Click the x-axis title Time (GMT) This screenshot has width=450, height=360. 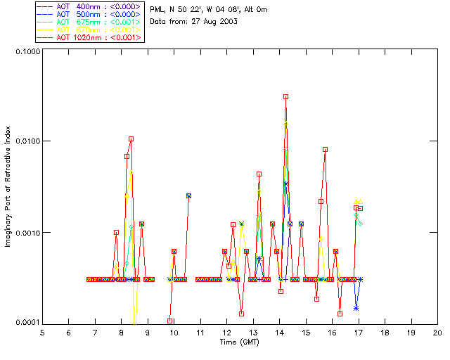point(240,342)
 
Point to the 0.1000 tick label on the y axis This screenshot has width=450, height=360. point(26,52)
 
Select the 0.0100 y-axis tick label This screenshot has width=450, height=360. point(26,142)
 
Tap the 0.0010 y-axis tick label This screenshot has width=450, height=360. point(26,232)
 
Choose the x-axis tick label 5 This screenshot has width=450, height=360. point(42,332)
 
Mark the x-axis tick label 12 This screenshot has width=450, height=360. point(226,332)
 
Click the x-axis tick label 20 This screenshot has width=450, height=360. point(437,332)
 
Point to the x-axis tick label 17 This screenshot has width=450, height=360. point(358,332)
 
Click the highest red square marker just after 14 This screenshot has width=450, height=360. point(285,96)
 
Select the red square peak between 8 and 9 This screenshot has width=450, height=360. point(131,139)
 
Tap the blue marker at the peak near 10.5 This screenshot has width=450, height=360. point(188,195)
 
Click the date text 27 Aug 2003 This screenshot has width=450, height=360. point(211,22)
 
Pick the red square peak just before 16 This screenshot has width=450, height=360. point(325,149)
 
